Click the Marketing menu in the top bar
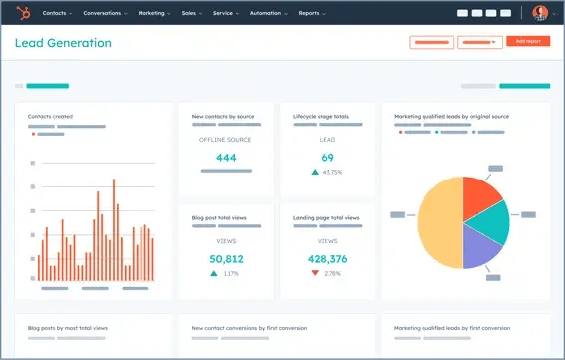[152, 13]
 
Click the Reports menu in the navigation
[311, 13]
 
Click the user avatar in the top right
[540, 13]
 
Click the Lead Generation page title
[63, 43]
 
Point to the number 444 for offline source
[226, 158]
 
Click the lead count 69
[327, 158]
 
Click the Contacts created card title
[50, 117]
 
